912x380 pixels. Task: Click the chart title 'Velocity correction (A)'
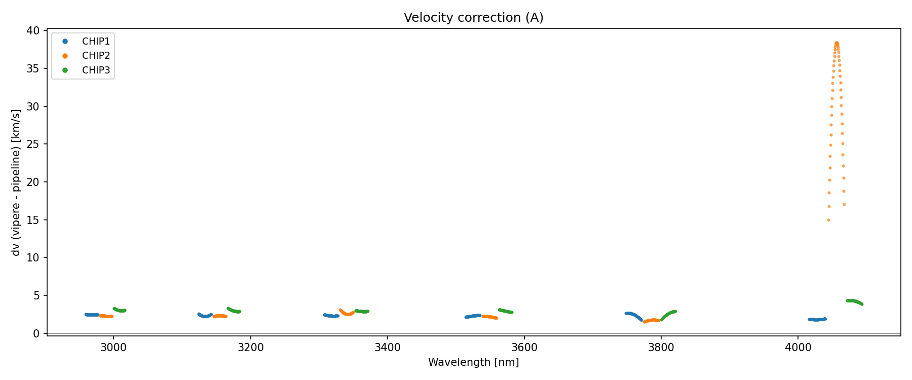[473, 18]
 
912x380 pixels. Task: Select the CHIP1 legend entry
[96, 42]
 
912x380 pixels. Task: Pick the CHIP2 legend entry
[96, 56]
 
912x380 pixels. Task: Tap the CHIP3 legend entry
[96, 70]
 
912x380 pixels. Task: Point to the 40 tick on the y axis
[33, 31]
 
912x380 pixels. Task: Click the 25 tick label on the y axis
[33, 144]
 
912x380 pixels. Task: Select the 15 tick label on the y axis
[33, 220]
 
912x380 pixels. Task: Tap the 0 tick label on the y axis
[36, 333]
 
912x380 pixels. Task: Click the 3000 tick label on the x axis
[113, 348]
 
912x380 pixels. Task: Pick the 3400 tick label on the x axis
[387, 348]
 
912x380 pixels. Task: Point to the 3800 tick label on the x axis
[661, 348]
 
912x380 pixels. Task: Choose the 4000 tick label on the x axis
[797, 348]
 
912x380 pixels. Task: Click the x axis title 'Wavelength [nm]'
[473, 362]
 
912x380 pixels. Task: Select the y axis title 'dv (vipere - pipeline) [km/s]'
[16, 182]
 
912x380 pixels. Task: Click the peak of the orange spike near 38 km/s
[837, 43]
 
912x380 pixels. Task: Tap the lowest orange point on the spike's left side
[828, 220]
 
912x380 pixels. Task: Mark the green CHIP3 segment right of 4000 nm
[854, 301]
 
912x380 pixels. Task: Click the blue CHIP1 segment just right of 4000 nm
[817, 320]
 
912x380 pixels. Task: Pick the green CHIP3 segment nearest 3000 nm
[120, 310]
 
